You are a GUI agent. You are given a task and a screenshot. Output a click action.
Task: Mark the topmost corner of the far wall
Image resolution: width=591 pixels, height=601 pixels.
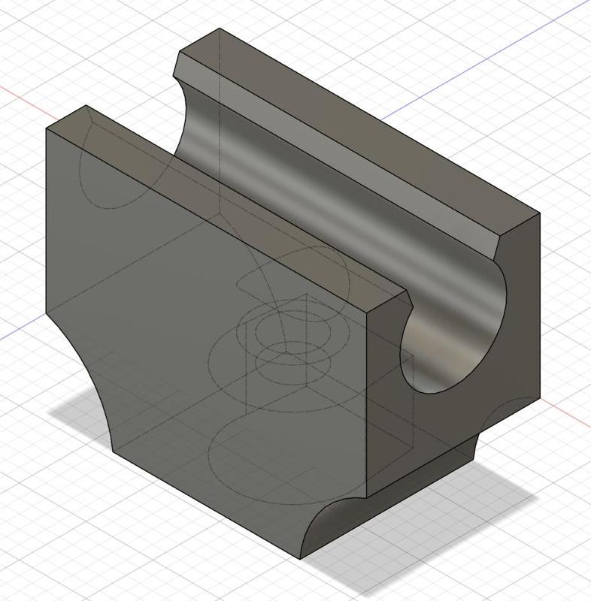click(x=220, y=29)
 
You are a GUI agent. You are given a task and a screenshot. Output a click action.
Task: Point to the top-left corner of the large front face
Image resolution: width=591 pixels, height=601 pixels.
click(x=47, y=129)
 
